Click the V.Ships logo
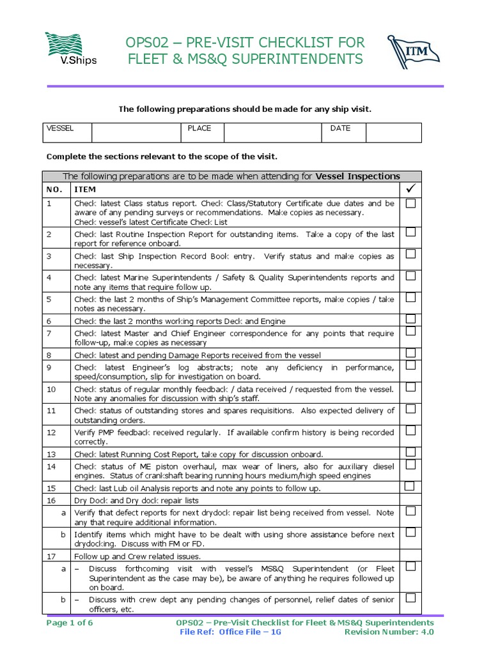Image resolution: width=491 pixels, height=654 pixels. pos(70,49)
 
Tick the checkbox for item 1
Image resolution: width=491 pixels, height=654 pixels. pos(410,203)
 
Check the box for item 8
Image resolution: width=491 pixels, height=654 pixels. pos(410,353)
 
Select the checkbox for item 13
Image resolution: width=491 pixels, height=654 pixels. pos(410,452)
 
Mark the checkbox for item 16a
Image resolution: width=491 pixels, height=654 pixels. pos(410,511)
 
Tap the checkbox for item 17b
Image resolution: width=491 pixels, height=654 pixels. pos(410,598)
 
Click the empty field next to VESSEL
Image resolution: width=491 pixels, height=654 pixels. pos(136,133)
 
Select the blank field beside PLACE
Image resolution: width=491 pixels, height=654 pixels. pos(272,133)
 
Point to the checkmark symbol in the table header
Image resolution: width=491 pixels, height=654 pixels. pos(410,189)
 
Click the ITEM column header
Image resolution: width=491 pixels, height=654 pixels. pos(86,190)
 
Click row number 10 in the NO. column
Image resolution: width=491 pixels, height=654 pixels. pos(51,389)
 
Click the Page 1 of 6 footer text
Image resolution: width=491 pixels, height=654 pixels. pos(70,622)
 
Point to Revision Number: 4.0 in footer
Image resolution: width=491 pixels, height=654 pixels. pos(389,632)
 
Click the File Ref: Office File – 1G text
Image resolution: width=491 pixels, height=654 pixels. pos(230,632)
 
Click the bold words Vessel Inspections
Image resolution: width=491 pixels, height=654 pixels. pos(358,176)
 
